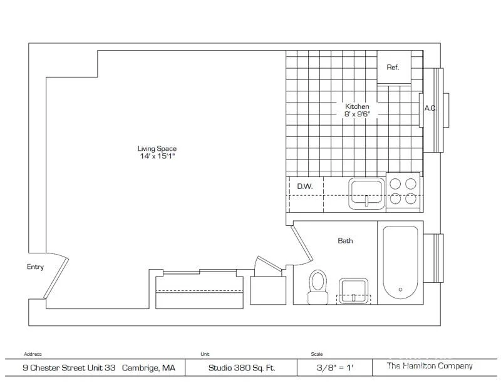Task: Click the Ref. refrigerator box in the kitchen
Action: pyautogui.click(x=394, y=68)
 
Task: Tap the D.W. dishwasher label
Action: pyautogui.click(x=305, y=186)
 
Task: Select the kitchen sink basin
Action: pyautogui.click(x=366, y=194)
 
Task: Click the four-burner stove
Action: pyautogui.click(x=403, y=191)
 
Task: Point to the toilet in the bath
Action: pyautogui.click(x=318, y=287)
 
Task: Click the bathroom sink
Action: pyautogui.click(x=353, y=291)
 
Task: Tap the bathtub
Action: pyautogui.click(x=400, y=262)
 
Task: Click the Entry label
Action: pyautogui.click(x=35, y=267)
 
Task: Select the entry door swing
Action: pyautogui.click(x=56, y=276)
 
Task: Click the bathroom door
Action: pyautogui.click(x=302, y=244)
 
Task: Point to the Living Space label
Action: pyautogui.click(x=157, y=148)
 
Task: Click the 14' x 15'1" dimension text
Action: pyautogui.click(x=157, y=156)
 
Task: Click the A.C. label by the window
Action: pyautogui.click(x=430, y=108)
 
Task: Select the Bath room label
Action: pyautogui.click(x=346, y=241)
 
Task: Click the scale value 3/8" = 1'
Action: pyautogui.click(x=335, y=368)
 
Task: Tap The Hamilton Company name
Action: pyautogui.click(x=430, y=366)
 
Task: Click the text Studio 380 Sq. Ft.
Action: pyautogui.click(x=242, y=368)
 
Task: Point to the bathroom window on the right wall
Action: pyautogui.click(x=433, y=258)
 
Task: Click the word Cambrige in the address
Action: pyautogui.click(x=140, y=368)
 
